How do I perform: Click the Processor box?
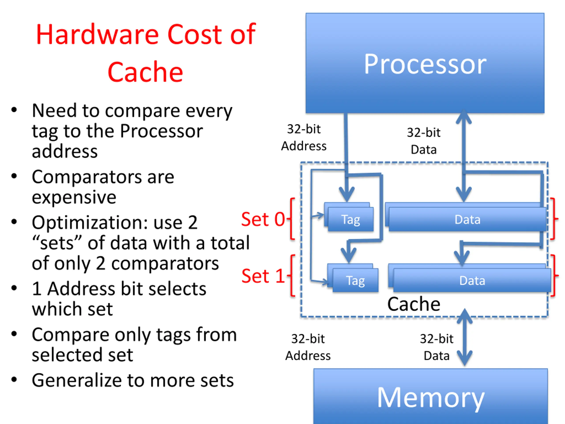tap(425, 63)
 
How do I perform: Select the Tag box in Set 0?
tap(351, 219)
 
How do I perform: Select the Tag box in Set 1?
tap(355, 280)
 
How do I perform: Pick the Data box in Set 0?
tap(467, 219)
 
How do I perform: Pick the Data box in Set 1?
tap(472, 280)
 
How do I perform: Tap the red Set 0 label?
tap(263, 219)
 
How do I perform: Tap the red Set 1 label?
tap(263, 276)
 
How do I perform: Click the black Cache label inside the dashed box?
tap(414, 304)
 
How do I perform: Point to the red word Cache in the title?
tap(145, 72)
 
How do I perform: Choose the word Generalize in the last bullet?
tap(76, 380)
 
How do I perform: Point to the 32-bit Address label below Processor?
tap(304, 138)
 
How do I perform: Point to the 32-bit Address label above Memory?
tap(308, 347)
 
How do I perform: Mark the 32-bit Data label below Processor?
tap(424, 141)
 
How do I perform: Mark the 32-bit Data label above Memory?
tap(437, 347)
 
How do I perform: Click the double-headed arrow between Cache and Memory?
tap(464, 337)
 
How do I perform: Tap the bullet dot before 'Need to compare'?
tap(14, 110)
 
